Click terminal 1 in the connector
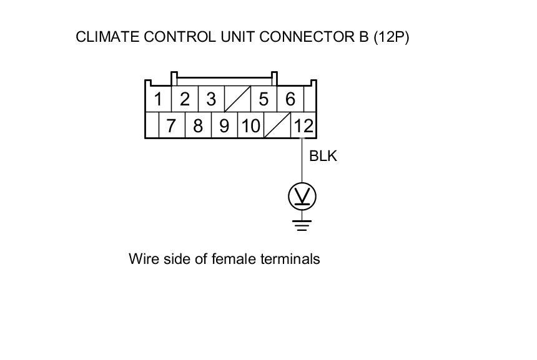[159, 99]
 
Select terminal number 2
[185, 99]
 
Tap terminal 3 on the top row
[211, 99]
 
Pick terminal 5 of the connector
[264, 99]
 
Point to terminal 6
[290, 99]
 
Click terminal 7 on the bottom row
[171, 126]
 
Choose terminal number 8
[198, 126]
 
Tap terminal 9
[224, 126]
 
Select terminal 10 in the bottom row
[250, 126]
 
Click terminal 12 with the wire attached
[303, 126]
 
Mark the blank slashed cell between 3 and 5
[237, 99]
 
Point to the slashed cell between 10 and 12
[277, 126]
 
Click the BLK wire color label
[323, 156]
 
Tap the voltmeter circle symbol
[302, 197]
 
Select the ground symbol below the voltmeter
[302, 224]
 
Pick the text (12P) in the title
[391, 37]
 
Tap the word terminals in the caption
[292, 258]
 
